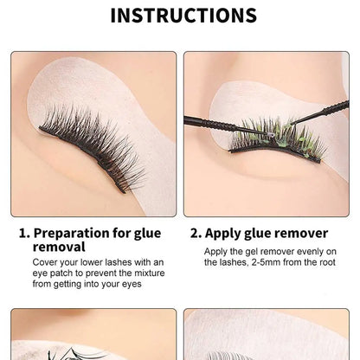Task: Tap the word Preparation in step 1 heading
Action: [x=81, y=232]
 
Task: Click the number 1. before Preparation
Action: [x=26, y=232]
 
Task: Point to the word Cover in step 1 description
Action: [x=48, y=261]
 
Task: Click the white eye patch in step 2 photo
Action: [x=260, y=95]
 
